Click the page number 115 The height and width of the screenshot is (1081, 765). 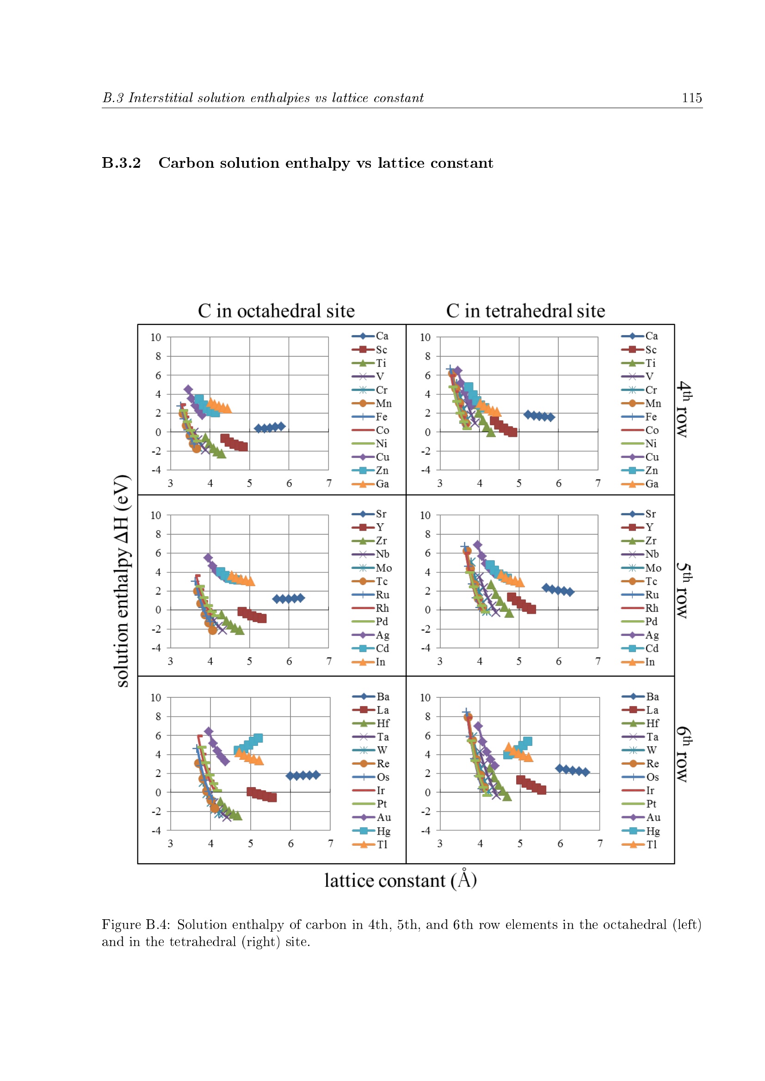click(x=691, y=98)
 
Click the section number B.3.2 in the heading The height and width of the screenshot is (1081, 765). click(x=122, y=163)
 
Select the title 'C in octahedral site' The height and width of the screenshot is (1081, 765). click(x=276, y=311)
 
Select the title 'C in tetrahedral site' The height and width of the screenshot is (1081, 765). click(x=525, y=311)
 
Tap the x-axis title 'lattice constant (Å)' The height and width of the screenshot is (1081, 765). click(x=401, y=880)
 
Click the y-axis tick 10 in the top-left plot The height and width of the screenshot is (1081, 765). click(x=156, y=337)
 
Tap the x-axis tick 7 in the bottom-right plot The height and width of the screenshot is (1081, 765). click(x=600, y=843)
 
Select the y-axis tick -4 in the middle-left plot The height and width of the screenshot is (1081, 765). click(x=156, y=648)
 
